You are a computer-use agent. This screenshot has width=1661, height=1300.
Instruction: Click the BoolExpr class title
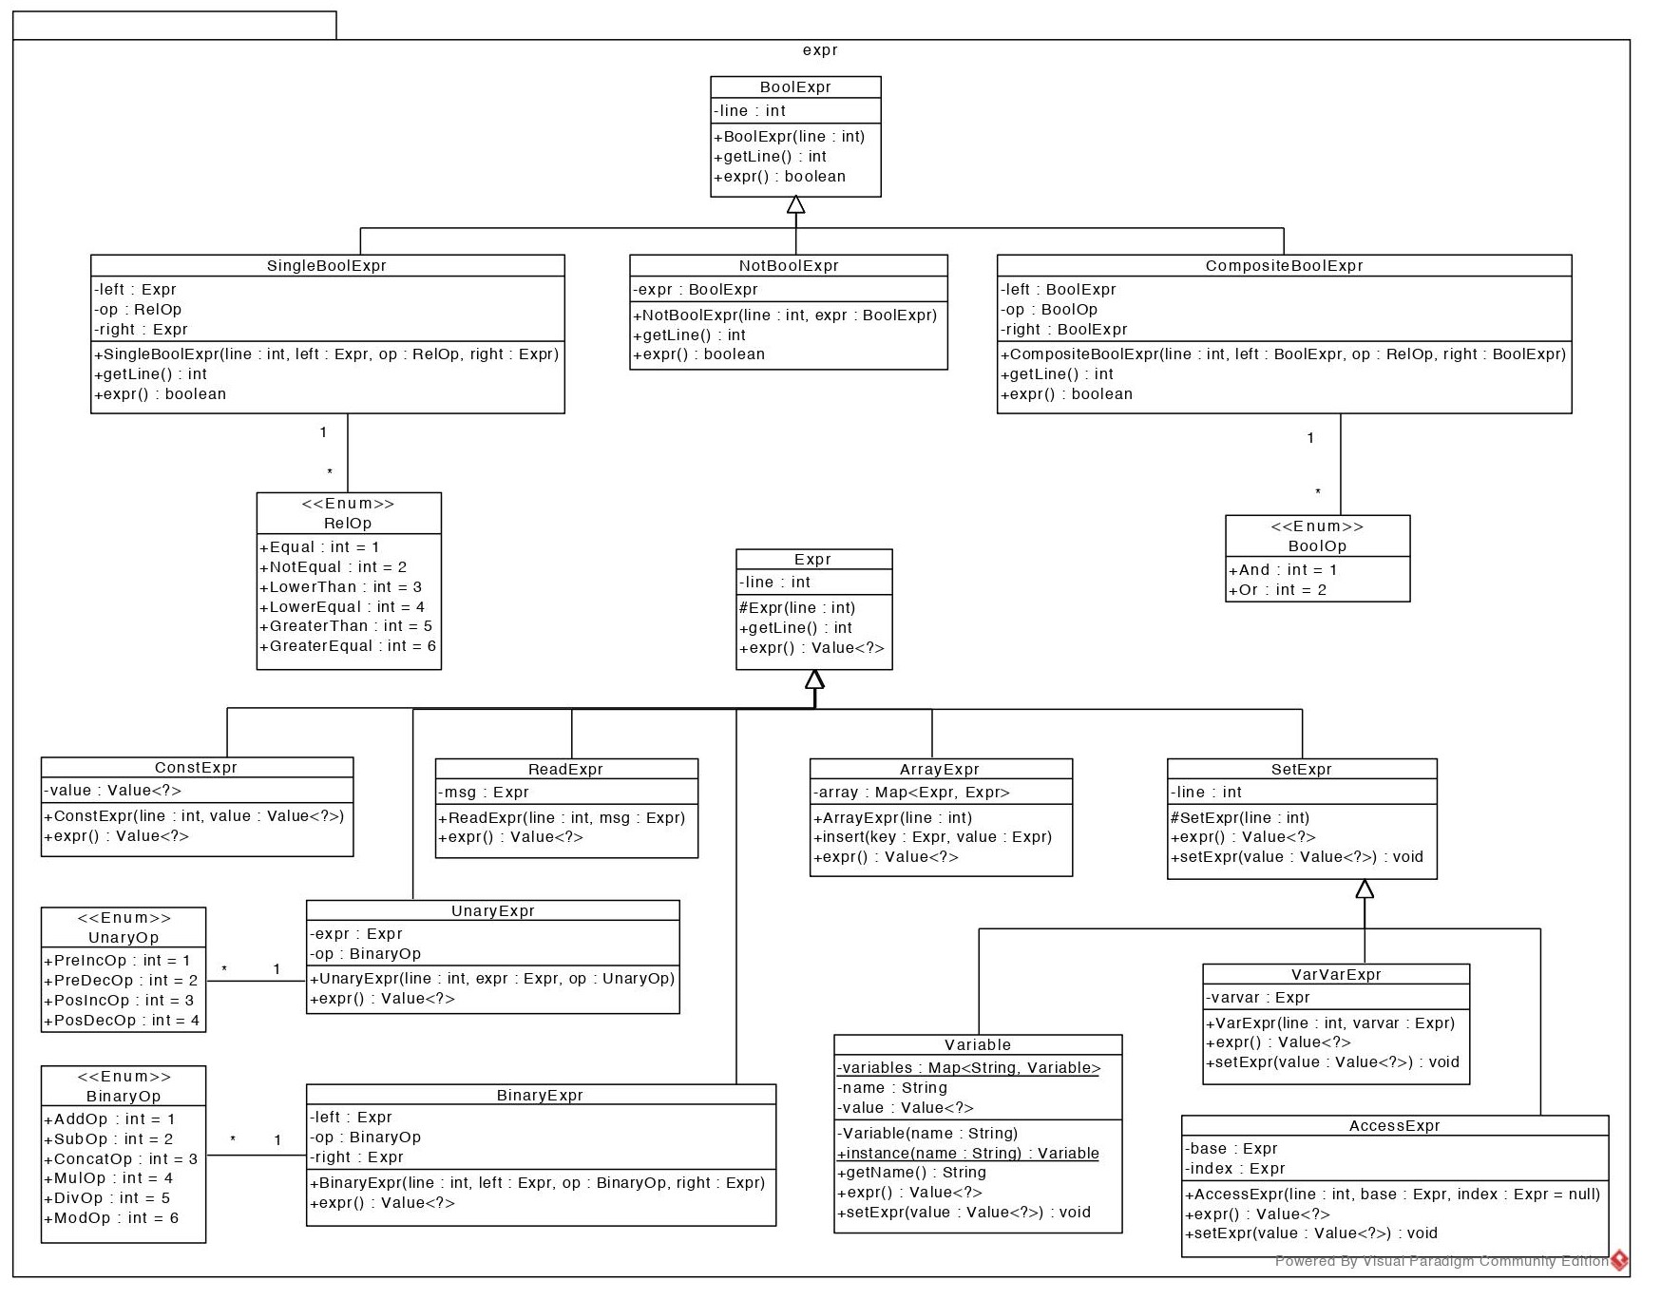point(795,87)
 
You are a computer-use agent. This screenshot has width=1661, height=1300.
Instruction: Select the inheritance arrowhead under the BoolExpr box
point(796,204)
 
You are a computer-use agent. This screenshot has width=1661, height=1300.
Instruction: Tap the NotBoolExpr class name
point(789,266)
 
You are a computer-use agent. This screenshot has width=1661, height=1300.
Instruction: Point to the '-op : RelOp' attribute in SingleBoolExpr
point(138,310)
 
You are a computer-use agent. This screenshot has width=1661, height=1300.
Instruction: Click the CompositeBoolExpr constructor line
point(1283,354)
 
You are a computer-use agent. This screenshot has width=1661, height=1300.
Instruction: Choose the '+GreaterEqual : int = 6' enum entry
point(348,646)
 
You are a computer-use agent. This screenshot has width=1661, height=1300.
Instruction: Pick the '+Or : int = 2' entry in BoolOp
point(1277,590)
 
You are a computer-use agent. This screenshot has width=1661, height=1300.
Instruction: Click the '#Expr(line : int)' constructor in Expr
point(797,608)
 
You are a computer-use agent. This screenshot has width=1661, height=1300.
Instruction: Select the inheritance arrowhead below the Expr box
point(814,679)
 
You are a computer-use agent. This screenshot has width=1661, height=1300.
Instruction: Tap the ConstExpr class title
point(196,768)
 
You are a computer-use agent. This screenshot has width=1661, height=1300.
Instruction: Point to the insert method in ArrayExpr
point(932,837)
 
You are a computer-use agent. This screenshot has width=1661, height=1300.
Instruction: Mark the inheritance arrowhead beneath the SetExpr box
point(1365,889)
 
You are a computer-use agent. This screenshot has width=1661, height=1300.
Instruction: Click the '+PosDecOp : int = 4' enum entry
point(122,1021)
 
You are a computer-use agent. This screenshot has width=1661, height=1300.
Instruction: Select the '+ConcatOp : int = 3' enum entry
point(121,1159)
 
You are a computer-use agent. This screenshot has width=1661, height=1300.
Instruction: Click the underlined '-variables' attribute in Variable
point(968,1068)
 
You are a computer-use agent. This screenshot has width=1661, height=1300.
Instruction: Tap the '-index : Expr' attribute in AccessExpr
point(1234,1169)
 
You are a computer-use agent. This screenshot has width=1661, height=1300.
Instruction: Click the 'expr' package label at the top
point(820,50)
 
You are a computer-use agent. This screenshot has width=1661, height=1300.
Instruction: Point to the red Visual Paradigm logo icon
point(1619,1261)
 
